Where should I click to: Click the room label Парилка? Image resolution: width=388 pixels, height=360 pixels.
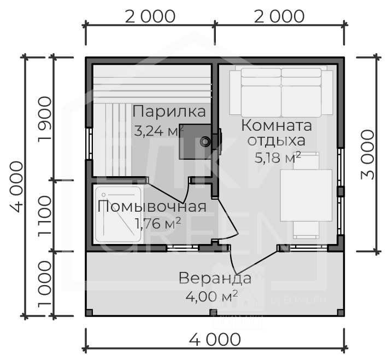pos(169,112)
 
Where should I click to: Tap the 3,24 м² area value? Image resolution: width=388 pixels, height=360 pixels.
pos(158,131)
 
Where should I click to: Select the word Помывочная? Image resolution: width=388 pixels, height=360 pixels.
pos(152,206)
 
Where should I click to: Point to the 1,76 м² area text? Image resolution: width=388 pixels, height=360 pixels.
pos(157,223)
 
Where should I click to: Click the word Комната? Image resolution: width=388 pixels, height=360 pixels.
pos(277,125)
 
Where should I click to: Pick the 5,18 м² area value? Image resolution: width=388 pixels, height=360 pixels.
pos(278,158)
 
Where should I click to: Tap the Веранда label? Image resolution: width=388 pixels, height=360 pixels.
pos(215,278)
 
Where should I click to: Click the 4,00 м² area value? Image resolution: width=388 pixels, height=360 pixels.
pos(212,297)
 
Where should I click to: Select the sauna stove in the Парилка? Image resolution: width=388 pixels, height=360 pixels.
pos(196,141)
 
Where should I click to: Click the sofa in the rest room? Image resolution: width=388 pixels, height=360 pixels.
pos(281,91)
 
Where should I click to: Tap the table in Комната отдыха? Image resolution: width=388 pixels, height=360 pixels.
pos(306,195)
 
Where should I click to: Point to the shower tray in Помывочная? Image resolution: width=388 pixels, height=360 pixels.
pos(118,214)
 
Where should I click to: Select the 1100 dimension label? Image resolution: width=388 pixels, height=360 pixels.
pos(45,216)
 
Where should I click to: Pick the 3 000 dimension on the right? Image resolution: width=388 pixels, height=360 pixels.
pos(368,155)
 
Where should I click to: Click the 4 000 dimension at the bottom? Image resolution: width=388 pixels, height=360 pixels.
pos(215,339)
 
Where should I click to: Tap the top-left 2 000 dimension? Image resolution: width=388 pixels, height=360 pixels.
pos(150,16)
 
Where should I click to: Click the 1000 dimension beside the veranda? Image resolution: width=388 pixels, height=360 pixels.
pos(45,284)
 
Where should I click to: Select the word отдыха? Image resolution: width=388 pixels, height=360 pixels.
pos(277,141)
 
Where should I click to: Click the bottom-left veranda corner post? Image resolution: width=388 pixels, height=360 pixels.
pos(89,313)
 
